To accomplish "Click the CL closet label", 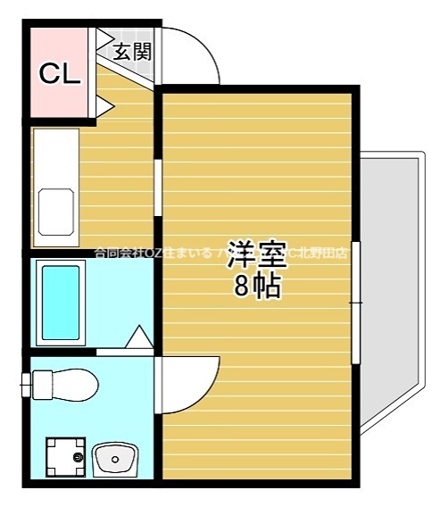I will click(x=60, y=74).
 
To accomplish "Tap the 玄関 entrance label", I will click(x=131, y=51).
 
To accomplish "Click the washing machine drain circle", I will click(x=78, y=458).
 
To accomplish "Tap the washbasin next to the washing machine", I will click(x=114, y=459).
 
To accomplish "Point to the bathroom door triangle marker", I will click(x=139, y=337).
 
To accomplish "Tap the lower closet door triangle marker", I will click(x=104, y=106).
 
